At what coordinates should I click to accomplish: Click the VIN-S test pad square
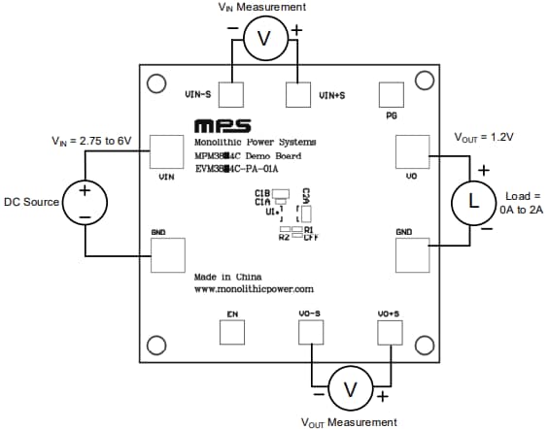(231, 94)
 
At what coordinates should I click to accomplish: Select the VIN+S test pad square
(298, 94)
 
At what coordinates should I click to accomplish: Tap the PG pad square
(391, 94)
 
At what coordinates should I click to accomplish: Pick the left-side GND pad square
(166, 254)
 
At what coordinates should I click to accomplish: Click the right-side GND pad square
(412, 254)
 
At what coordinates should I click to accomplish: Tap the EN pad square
(232, 332)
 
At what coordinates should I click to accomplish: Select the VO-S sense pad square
(311, 332)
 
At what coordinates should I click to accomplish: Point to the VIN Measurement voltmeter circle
(263, 39)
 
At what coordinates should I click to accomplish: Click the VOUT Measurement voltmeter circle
(348, 389)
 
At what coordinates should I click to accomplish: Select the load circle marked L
(473, 202)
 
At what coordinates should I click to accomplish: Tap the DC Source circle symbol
(85, 203)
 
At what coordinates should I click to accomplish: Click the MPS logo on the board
(222, 127)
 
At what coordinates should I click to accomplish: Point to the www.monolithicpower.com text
(254, 289)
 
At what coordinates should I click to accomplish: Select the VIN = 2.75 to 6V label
(96, 141)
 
